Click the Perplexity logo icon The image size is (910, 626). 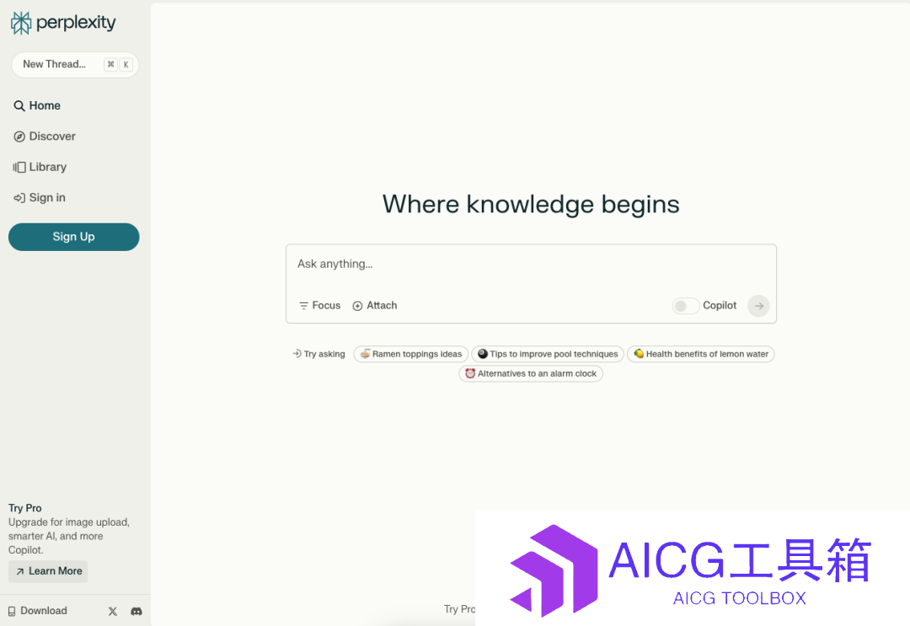click(x=21, y=24)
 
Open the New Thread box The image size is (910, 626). click(x=75, y=64)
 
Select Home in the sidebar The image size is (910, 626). click(x=37, y=105)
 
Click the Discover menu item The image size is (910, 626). click(x=45, y=136)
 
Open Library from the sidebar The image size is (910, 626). click(x=40, y=167)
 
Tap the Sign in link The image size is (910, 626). click(x=40, y=198)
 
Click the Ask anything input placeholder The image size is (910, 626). click(x=335, y=264)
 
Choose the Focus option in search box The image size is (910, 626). click(x=320, y=306)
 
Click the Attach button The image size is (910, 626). click(x=375, y=306)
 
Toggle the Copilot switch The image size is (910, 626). click(x=685, y=306)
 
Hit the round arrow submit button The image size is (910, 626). click(x=758, y=306)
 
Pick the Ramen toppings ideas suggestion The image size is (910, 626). click(x=411, y=354)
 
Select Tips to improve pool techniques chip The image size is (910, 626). click(x=548, y=354)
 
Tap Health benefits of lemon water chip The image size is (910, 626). click(x=701, y=354)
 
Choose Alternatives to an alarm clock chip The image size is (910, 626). click(x=531, y=373)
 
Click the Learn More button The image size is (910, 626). click(x=48, y=571)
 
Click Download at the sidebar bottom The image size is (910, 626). click(x=38, y=611)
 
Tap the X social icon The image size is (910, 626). click(x=113, y=612)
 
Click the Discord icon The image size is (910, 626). click(x=136, y=612)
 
